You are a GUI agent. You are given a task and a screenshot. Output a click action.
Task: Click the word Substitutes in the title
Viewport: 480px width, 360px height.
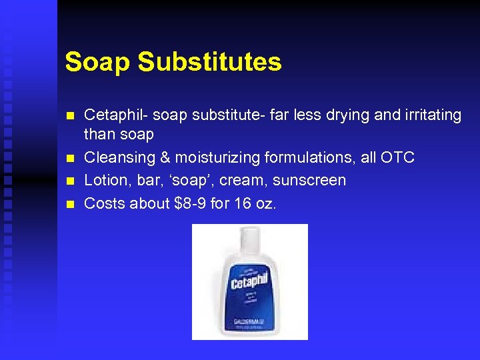click(209, 62)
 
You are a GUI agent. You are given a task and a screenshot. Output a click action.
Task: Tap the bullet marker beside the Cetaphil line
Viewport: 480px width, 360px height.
click(69, 115)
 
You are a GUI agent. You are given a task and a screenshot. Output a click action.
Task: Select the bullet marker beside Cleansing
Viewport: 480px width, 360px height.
click(69, 159)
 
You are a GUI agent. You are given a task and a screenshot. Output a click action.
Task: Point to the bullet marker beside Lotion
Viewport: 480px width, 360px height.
click(69, 181)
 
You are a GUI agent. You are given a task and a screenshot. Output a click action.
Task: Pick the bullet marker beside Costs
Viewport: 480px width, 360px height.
click(69, 203)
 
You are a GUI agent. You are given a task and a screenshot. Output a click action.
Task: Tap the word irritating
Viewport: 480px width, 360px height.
click(431, 115)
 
